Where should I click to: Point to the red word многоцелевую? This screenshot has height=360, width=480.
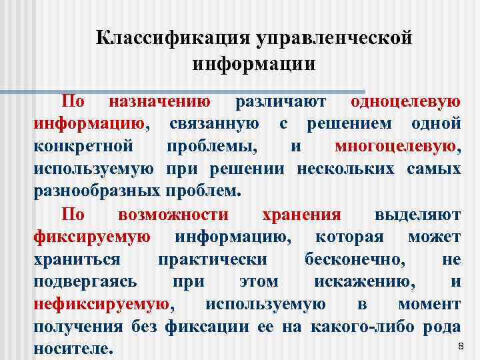tap(397, 146)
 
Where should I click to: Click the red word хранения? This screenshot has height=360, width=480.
tap(301, 214)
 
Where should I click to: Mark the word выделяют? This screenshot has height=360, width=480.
tap(417, 214)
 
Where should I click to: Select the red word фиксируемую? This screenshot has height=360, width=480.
tap(92, 237)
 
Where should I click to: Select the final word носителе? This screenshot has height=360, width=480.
tap(73, 349)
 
